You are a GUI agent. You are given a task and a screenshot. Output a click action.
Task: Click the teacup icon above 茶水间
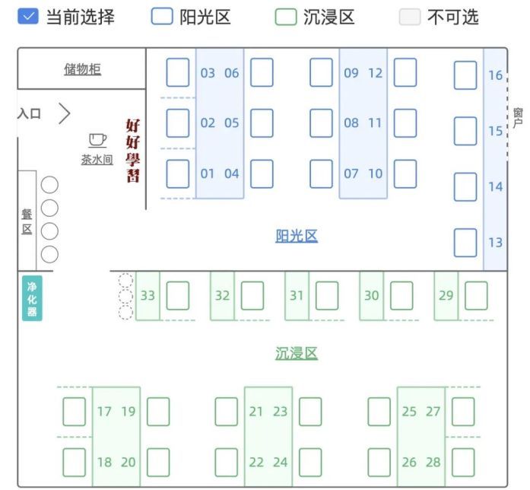[97, 139]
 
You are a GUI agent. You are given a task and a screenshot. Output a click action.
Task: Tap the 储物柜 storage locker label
[82, 70]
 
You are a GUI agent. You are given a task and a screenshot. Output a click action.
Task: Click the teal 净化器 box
[32, 298]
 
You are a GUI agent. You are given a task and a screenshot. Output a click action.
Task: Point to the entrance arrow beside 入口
[65, 114]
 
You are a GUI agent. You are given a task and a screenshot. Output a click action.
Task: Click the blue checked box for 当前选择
[27, 17]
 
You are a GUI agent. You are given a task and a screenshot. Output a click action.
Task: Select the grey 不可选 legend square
[410, 17]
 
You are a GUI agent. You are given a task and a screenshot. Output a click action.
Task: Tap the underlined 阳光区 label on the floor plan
[297, 236]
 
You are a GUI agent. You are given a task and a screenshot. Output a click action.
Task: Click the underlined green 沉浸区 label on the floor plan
[297, 353]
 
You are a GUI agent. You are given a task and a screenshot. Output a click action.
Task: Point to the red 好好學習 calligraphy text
[133, 151]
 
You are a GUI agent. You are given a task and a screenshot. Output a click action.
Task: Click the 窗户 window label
[518, 118]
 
